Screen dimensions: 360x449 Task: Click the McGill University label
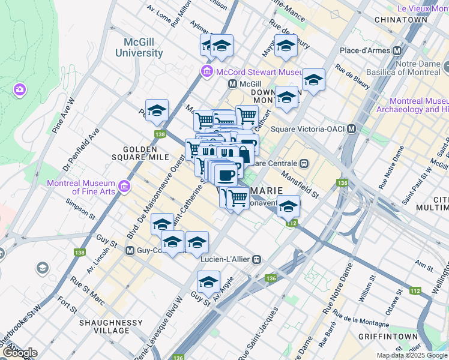139,47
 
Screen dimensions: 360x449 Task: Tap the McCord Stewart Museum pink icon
206,72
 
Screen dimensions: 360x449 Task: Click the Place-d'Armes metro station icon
397,50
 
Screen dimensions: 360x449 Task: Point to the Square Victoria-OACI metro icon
352,129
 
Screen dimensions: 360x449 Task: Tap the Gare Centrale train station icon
304,163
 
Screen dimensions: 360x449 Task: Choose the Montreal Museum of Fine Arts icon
124,187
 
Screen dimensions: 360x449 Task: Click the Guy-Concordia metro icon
130,250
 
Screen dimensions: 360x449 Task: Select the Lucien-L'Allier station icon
257,259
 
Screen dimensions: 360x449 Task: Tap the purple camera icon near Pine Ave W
20,90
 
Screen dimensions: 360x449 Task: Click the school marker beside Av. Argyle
208,281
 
